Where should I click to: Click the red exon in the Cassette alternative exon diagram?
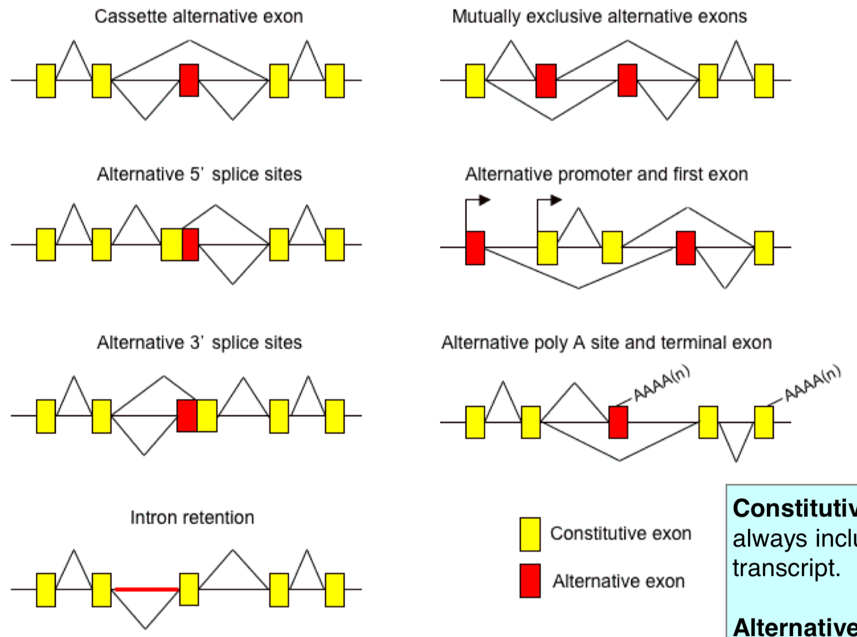tap(189, 80)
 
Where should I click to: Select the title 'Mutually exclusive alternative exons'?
tap(599, 17)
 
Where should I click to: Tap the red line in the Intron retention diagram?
tap(146, 589)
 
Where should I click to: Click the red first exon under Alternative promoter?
tap(475, 248)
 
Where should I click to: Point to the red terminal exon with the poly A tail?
tap(618, 422)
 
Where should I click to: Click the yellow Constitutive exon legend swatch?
tap(530, 534)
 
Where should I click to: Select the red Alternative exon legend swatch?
tap(530, 581)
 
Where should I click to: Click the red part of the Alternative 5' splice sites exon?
tap(191, 245)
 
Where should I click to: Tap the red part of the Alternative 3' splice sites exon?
tap(187, 415)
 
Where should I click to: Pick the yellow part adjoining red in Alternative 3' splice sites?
tap(207, 415)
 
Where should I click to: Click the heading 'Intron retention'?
tap(192, 517)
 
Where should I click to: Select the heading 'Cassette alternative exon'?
tap(198, 17)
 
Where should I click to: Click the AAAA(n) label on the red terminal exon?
tap(661, 383)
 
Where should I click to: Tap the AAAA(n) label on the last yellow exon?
tap(813, 383)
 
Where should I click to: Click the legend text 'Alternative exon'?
tap(618, 581)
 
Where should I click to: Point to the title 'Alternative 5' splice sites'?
tap(199, 175)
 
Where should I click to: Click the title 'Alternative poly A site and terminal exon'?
tap(606, 342)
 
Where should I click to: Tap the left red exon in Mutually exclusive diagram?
tap(546, 81)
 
